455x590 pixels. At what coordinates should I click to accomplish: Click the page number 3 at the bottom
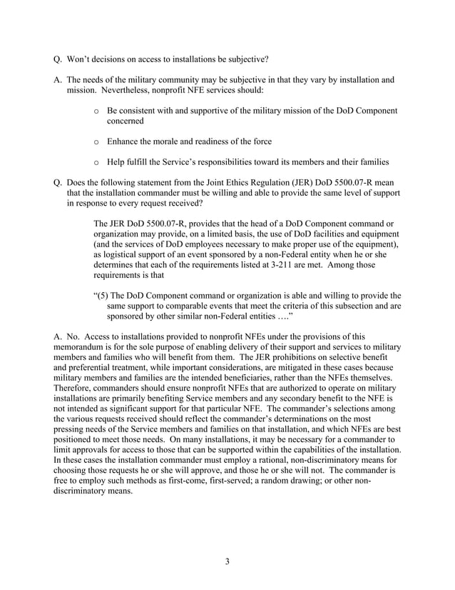click(x=227, y=561)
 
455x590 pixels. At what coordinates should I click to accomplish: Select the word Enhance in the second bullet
click(x=125, y=141)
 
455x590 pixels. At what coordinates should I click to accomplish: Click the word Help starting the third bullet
click(x=118, y=161)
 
